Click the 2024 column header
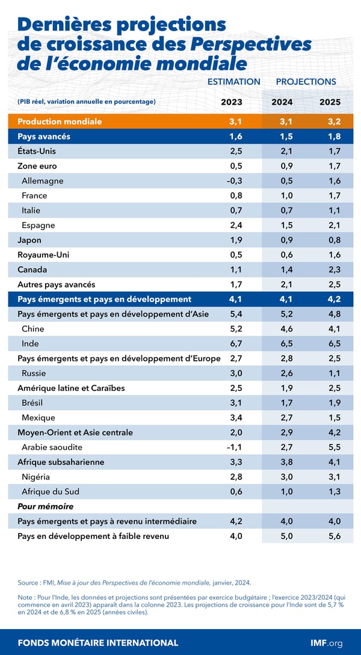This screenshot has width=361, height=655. point(282,102)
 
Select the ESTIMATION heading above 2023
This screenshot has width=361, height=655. point(233,82)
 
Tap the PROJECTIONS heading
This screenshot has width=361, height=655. point(306,82)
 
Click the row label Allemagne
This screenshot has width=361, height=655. point(42,181)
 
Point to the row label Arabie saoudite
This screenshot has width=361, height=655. point(52,447)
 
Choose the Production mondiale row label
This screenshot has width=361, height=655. point(60,121)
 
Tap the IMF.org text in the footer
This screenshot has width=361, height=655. point(326,643)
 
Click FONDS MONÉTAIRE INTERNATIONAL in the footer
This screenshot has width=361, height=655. point(98,643)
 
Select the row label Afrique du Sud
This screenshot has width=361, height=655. point(50,491)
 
